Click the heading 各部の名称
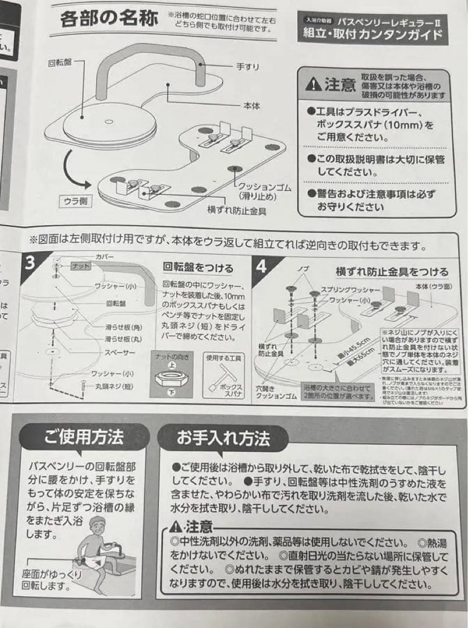click(109, 20)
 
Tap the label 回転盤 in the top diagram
click(59, 62)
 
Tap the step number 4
click(261, 266)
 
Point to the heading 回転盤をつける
click(198, 268)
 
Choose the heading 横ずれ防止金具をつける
click(392, 272)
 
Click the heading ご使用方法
click(83, 436)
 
